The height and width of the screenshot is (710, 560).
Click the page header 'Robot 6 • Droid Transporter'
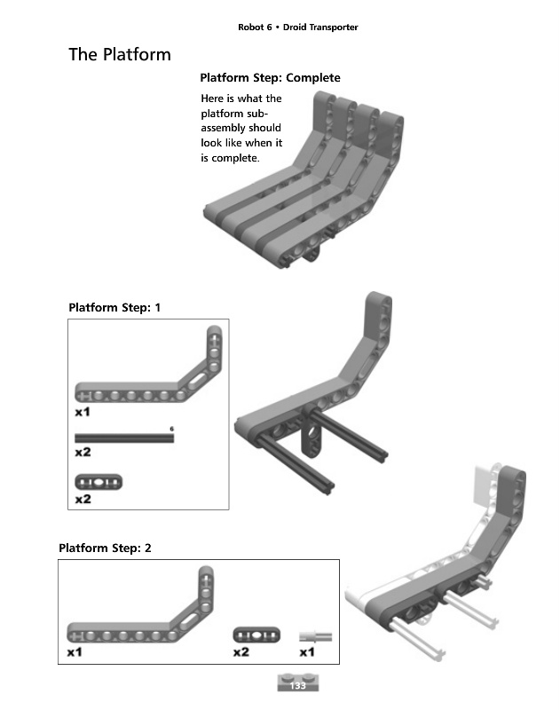297,28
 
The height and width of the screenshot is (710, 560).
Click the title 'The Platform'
120,55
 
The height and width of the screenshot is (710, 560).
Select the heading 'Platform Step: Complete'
270,78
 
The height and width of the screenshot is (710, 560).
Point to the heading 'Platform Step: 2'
105,548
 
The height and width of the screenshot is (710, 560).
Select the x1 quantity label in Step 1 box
83,413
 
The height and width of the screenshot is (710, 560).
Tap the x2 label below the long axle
83,453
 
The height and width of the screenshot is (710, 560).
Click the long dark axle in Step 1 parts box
124,438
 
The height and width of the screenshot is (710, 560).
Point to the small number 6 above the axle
171,430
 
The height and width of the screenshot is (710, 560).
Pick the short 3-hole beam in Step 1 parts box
99,482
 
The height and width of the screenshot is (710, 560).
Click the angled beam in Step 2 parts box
142,621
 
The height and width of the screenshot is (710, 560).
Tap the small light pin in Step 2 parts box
315,635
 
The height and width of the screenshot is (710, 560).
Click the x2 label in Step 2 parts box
241,652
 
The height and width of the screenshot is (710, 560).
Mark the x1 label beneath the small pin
307,652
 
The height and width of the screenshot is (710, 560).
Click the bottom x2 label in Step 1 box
83,500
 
